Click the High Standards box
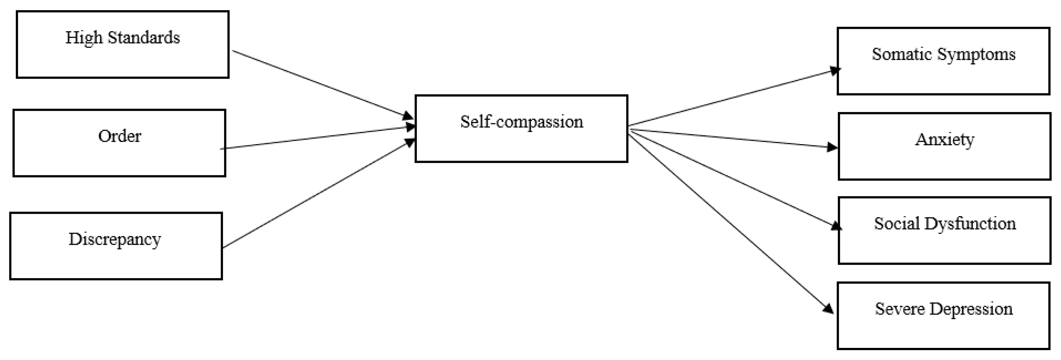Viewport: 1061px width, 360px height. [123, 45]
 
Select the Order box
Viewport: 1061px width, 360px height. [120, 143]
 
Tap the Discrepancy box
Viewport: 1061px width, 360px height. [116, 246]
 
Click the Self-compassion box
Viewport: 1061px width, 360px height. [521, 128]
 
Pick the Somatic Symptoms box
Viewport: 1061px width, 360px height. [943, 61]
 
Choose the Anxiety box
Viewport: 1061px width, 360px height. [944, 146]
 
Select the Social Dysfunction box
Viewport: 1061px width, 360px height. [944, 230]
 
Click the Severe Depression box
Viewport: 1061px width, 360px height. [943, 315]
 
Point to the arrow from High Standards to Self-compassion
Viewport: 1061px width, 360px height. [321, 84]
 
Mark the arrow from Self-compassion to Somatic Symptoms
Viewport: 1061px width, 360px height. [733, 98]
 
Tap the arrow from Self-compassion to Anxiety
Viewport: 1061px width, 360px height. [733, 138]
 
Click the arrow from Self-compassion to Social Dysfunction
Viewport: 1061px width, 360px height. [733, 178]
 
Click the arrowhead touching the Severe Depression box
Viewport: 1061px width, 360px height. [829, 308]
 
